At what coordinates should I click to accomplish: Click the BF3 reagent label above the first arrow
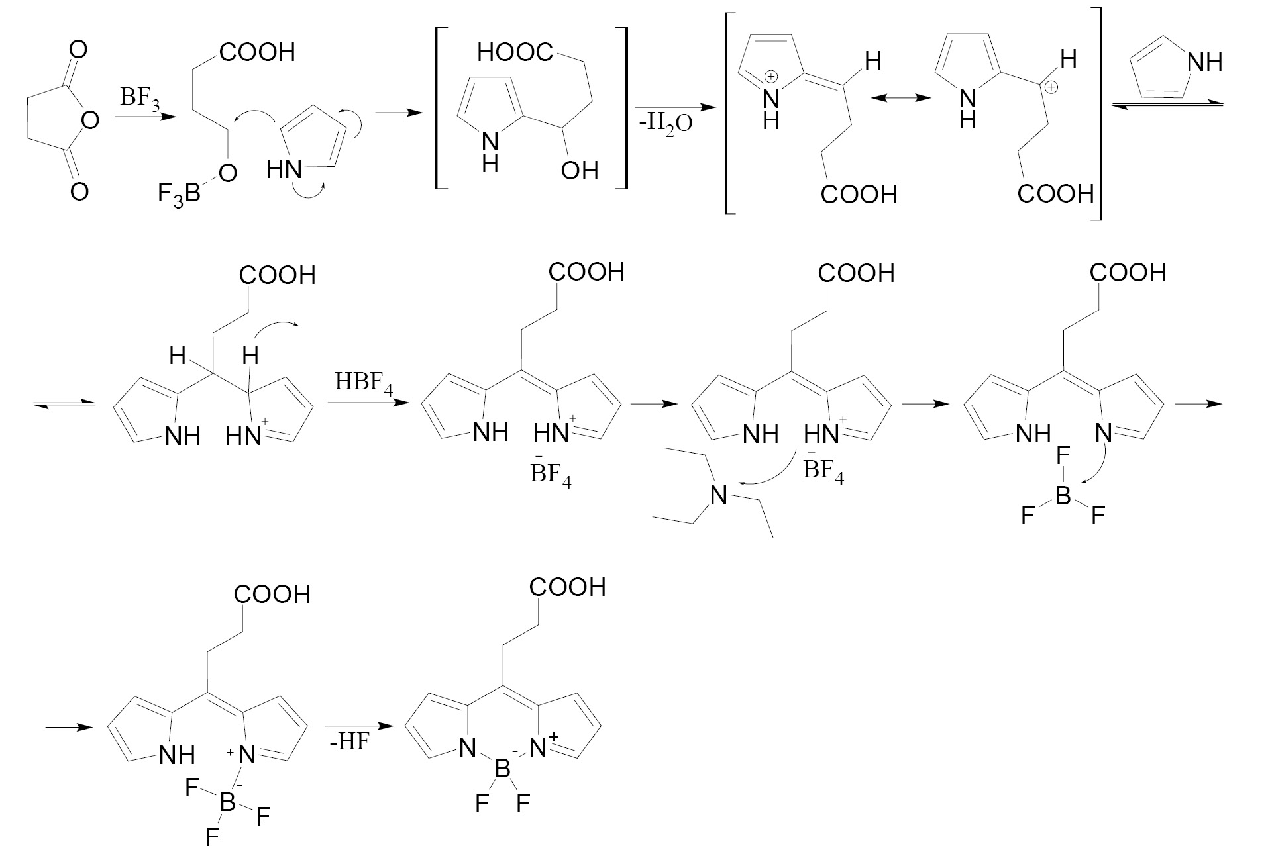click(x=139, y=99)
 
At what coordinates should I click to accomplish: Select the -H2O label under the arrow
click(x=665, y=123)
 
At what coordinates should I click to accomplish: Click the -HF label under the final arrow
click(x=349, y=742)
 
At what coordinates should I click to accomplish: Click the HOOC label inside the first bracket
click(x=515, y=52)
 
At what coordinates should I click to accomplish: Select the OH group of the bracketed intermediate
click(x=579, y=171)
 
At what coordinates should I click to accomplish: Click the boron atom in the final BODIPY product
click(x=502, y=769)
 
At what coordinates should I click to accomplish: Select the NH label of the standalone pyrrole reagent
click(x=1205, y=63)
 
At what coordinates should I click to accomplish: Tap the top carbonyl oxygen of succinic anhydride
click(x=78, y=50)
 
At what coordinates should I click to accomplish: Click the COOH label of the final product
click(x=568, y=588)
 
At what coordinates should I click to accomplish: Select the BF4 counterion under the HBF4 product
click(x=550, y=474)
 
